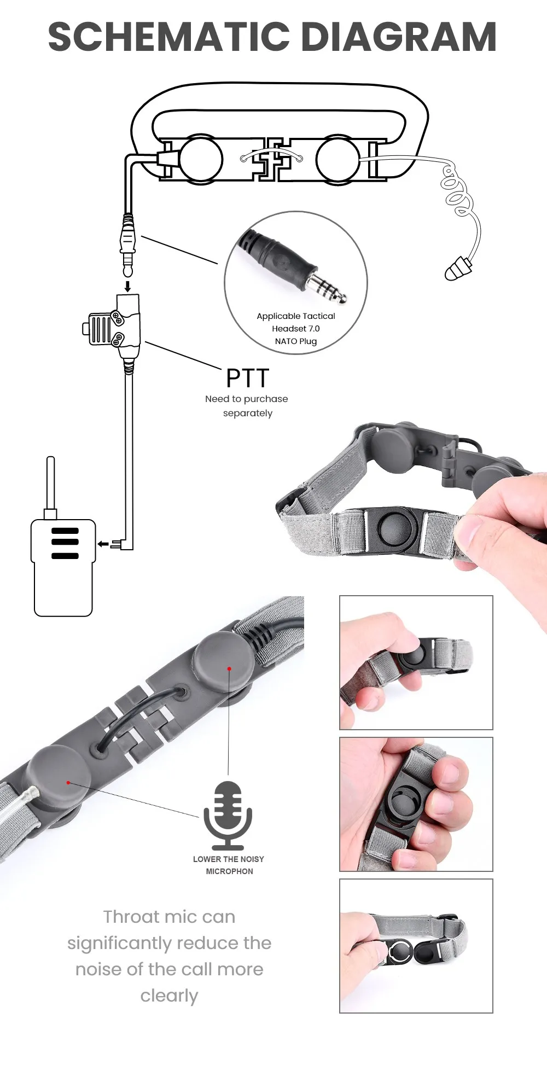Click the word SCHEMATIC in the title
[168, 37]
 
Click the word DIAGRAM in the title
[399, 37]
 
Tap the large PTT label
[248, 378]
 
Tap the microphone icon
[228, 814]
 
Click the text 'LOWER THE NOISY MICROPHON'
[229, 865]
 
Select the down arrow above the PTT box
[127, 286]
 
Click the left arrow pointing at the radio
[103, 544]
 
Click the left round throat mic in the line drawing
[201, 159]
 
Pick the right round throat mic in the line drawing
[337, 160]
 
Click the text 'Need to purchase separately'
[247, 406]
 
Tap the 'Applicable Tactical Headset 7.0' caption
[296, 322]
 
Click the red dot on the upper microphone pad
[230, 668]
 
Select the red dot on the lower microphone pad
[68, 783]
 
